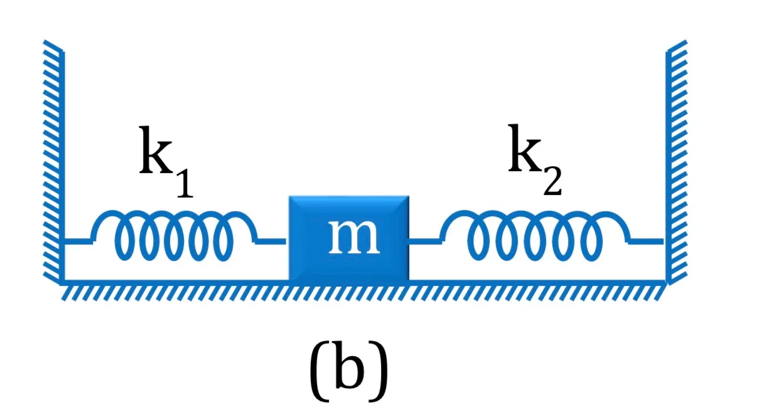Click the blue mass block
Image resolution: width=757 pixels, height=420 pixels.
tap(349, 238)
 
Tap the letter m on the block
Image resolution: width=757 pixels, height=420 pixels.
tap(354, 236)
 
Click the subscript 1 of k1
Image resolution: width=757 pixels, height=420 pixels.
tap(185, 183)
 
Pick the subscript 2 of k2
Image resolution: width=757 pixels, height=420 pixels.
tap(552, 181)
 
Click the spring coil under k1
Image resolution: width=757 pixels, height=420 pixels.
tap(174, 235)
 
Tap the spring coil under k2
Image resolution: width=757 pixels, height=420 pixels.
tap(535, 235)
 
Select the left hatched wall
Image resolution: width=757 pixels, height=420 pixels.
tap(54, 163)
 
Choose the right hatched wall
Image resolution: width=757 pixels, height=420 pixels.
tap(676, 162)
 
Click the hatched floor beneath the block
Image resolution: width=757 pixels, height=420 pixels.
tap(363, 290)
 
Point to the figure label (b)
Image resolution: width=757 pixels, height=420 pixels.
tap(349, 370)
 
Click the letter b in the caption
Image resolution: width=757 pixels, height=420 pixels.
tap(349, 367)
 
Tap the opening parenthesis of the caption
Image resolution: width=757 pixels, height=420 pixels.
tap(319, 371)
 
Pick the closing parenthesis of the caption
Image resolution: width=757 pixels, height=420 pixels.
tap(378, 371)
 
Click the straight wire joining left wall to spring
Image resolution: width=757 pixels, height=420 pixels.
tap(78, 241)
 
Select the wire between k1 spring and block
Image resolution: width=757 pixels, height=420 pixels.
tap(271, 241)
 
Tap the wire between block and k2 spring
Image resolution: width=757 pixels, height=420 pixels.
tap(426, 241)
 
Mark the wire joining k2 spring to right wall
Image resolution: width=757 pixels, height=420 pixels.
tap(647, 241)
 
